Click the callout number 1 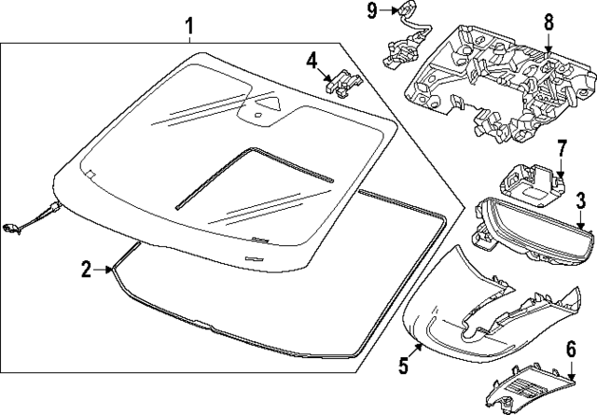(189, 25)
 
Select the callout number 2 (86, 270)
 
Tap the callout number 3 (579, 200)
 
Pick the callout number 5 (403, 366)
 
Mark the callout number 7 (562, 150)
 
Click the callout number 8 (548, 20)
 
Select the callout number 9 (372, 10)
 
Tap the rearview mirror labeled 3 (522, 228)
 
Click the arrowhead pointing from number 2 (113, 270)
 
